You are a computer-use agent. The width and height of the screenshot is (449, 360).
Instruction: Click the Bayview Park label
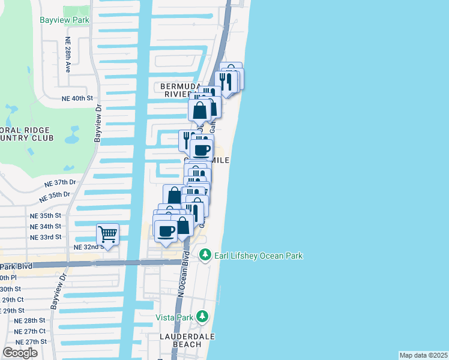coord(64,20)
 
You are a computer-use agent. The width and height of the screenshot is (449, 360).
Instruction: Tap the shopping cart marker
coord(107,233)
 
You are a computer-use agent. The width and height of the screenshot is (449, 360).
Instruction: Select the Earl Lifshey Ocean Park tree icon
coord(205,256)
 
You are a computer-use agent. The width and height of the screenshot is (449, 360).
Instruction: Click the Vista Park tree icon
coord(203,316)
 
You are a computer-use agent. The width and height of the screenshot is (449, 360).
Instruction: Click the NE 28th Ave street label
coord(68,57)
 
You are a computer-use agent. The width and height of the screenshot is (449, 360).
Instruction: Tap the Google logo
coord(20,352)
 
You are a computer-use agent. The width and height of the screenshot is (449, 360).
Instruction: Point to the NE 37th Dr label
coord(61,182)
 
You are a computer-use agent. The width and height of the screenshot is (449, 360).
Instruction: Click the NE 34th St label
coord(45,226)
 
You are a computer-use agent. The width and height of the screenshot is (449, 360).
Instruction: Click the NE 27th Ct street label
coord(31,331)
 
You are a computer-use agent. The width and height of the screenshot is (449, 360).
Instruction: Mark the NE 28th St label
coord(31,320)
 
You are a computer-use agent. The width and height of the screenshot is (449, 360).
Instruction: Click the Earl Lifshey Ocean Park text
coord(258,256)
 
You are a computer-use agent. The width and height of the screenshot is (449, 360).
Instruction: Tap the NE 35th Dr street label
coord(55,196)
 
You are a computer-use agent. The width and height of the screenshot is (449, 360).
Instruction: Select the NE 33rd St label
coord(45,237)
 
